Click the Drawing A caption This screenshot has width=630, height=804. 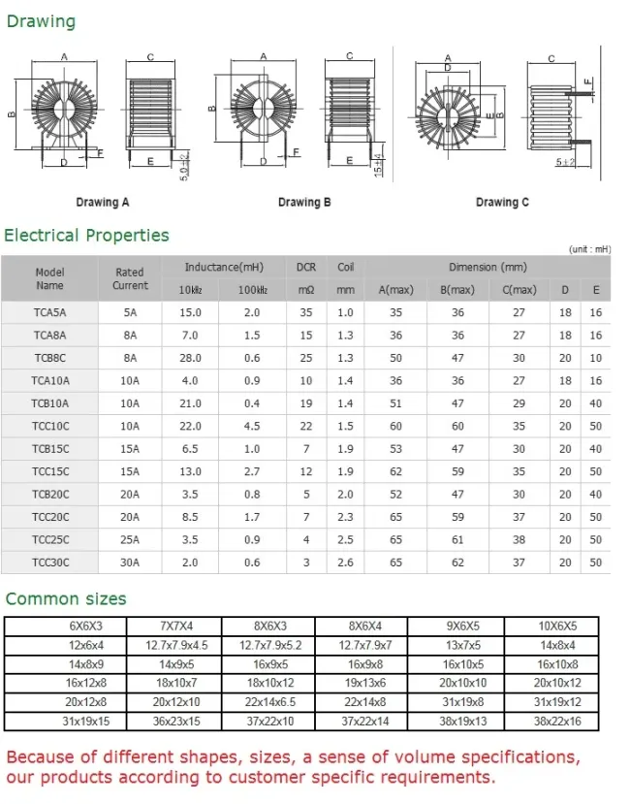coord(103,203)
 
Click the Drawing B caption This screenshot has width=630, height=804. coord(304,203)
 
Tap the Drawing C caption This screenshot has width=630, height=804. coord(502,203)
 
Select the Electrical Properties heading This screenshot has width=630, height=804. coord(86,236)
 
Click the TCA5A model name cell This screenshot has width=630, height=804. coord(49,312)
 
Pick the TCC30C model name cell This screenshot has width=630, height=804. coord(49,563)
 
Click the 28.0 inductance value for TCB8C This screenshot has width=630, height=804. coord(190,358)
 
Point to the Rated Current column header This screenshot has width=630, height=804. coord(130,279)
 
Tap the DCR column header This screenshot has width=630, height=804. coord(306,267)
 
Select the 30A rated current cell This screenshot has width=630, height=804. coord(130,563)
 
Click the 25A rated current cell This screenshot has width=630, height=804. coord(130,540)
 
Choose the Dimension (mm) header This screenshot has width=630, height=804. coord(488,267)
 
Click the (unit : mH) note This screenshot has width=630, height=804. coord(589,249)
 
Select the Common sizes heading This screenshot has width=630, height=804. coord(66,598)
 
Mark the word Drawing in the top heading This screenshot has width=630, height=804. coord(41,21)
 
